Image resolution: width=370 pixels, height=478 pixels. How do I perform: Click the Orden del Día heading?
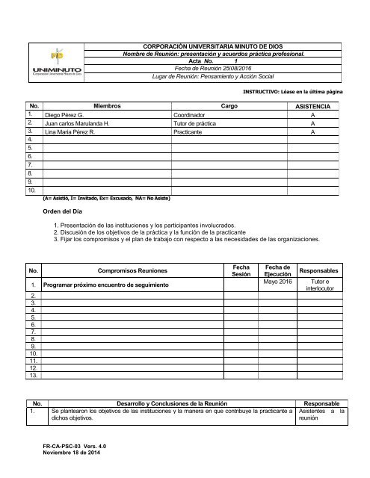pos(67,212)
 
